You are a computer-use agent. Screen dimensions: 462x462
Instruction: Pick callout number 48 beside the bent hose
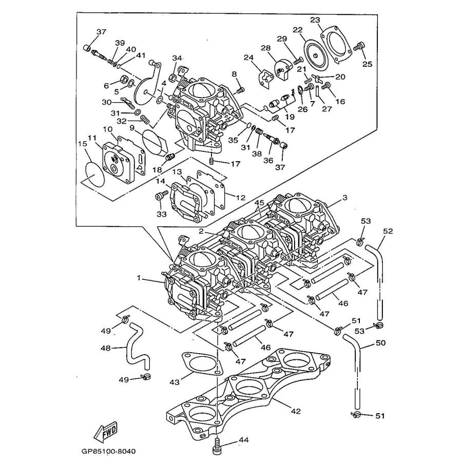click(105, 348)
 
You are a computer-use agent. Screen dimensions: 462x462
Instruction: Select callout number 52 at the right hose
click(388, 231)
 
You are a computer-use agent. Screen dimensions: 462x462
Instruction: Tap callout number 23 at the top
click(315, 20)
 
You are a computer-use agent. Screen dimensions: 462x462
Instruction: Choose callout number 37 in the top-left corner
click(101, 32)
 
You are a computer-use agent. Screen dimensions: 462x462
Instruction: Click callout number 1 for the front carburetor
click(139, 278)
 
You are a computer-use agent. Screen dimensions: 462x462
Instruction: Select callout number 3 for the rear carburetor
click(345, 198)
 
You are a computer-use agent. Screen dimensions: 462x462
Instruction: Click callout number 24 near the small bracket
click(248, 57)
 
